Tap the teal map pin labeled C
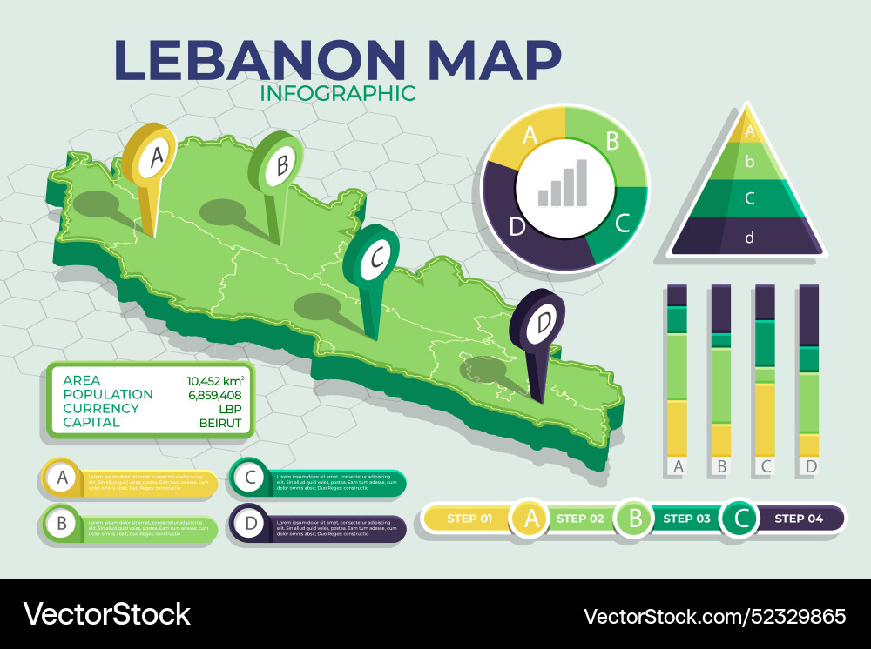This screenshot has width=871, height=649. pos(372,259)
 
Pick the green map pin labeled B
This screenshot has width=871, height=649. pos(278,165)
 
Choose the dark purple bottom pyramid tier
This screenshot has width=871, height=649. pos(748,237)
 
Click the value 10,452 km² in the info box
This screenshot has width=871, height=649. pos(214,380)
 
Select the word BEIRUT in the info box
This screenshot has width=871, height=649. pos(221,422)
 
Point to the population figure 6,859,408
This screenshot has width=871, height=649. pos(214,394)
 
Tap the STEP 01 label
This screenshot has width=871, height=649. pos(468,519)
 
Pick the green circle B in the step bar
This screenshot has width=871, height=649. pos(635,519)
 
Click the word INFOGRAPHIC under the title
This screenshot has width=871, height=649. pos(338,92)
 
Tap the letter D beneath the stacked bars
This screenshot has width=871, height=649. pos(810,467)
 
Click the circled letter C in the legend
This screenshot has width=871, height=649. pos(250,477)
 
